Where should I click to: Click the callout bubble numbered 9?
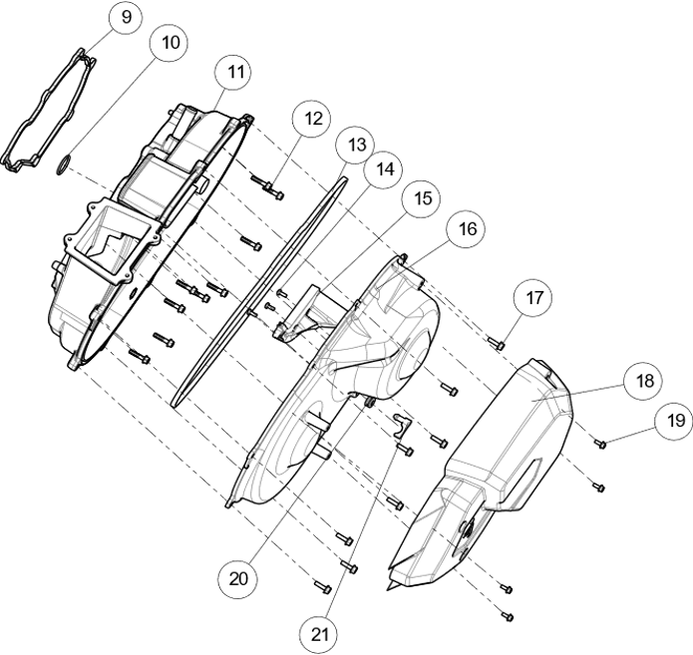point(127,18)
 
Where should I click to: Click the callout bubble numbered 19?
point(674,421)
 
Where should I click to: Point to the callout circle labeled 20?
point(238,578)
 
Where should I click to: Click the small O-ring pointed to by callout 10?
point(64,164)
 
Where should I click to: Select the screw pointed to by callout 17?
point(497,343)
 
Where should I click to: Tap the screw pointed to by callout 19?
point(599,444)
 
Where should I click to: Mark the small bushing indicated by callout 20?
point(369,402)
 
